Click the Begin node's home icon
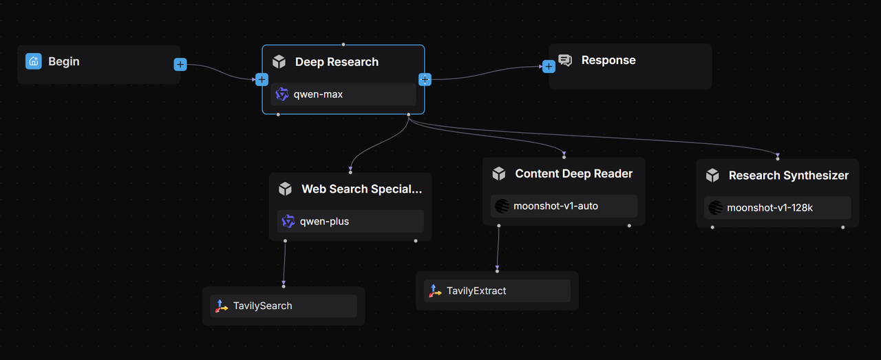pyautogui.click(x=33, y=61)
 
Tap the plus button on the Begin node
pyautogui.click(x=180, y=64)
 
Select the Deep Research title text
pyautogui.click(x=337, y=62)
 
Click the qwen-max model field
pyautogui.click(x=343, y=94)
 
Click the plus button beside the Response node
pyautogui.click(x=549, y=66)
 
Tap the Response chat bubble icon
pyautogui.click(x=565, y=61)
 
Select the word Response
pyautogui.click(x=608, y=61)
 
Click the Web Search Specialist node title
pyautogui.click(x=361, y=189)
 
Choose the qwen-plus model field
pyautogui.click(x=350, y=222)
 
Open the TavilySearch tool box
pyautogui.click(x=284, y=306)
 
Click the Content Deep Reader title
pyautogui.click(x=573, y=174)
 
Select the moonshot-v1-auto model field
pyautogui.click(x=564, y=206)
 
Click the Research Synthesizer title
pyautogui.click(x=788, y=176)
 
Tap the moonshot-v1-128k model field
pyautogui.click(x=777, y=207)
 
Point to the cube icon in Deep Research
pyautogui.click(x=279, y=62)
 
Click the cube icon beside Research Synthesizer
pyautogui.click(x=712, y=176)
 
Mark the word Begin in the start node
pyautogui.click(x=63, y=62)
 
